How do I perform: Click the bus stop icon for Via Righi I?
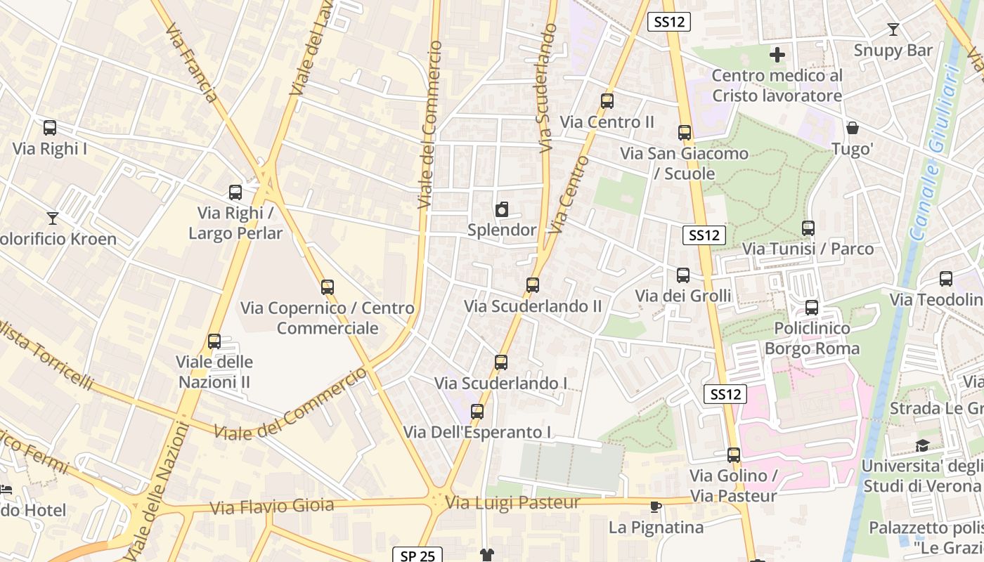[x=49, y=128]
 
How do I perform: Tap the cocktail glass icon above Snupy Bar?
[x=893, y=30]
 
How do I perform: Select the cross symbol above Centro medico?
[x=777, y=55]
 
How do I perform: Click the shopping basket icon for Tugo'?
[x=853, y=128]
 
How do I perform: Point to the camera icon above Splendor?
[x=502, y=209]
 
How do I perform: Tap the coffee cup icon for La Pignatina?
[x=656, y=507]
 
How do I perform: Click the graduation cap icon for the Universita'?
[x=921, y=445]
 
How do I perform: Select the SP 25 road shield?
[x=417, y=556]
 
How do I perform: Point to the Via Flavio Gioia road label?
[x=271, y=506]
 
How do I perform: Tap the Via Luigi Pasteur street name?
[x=513, y=502]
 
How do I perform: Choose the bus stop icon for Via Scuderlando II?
[x=533, y=285]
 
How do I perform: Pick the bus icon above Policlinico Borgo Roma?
[x=812, y=308]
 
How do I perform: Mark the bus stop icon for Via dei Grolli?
[x=683, y=275]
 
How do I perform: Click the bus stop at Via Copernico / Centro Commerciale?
[x=328, y=287]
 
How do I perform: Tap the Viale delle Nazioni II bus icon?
[x=214, y=341]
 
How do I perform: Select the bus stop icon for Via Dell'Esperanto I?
[x=477, y=412]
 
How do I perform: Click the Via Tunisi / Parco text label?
[x=808, y=249]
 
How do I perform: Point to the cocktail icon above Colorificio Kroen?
[x=53, y=218]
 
